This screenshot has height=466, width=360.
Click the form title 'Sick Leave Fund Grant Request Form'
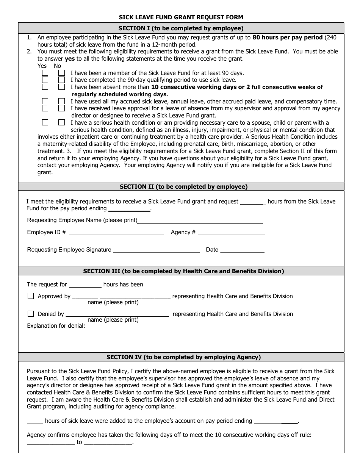(x=181, y=17)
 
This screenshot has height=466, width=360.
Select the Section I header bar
(x=181, y=28)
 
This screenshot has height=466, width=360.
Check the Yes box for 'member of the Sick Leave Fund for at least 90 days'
(x=45, y=73)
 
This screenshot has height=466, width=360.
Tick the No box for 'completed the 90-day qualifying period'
(x=61, y=80)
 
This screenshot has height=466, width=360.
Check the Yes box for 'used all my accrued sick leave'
(x=45, y=101)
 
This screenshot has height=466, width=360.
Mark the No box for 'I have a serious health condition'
(x=61, y=122)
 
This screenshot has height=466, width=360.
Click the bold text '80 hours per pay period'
(x=288, y=38)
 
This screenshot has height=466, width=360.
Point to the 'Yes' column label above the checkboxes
(x=42, y=66)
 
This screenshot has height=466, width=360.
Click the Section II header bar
(x=181, y=186)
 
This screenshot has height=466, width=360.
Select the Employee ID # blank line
(x=116, y=233)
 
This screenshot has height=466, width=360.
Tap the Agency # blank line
(x=231, y=233)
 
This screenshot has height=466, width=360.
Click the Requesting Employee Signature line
(x=156, y=250)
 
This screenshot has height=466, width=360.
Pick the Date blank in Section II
(x=242, y=250)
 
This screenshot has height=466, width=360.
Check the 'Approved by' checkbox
(x=31, y=296)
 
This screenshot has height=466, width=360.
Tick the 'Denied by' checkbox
(x=31, y=314)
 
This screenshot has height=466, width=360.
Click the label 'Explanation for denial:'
(x=56, y=325)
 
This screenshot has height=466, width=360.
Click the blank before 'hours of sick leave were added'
(x=35, y=421)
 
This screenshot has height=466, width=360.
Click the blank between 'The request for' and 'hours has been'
(x=85, y=285)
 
